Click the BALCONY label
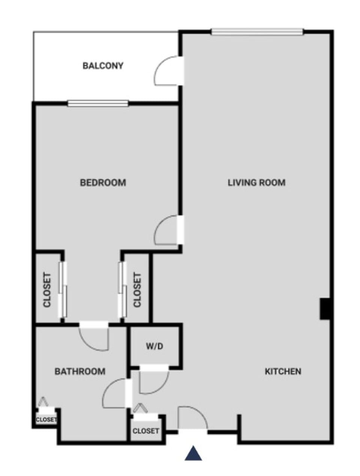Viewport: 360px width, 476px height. pyautogui.click(x=103, y=66)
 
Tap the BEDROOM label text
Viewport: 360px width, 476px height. pyautogui.click(x=103, y=183)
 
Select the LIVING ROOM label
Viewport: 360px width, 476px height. pyautogui.click(x=256, y=183)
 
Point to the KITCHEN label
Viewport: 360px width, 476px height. pyautogui.click(x=283, y=371)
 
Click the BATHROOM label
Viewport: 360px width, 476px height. pyautogui.click(x=80, y=371)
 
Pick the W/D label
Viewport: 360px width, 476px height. pyautogui.click(x=154, y=346)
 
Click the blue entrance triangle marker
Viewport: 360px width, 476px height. pyautogui.click(x=193, y=454)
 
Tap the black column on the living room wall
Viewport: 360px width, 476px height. pyautogui.click(x=324, y=308)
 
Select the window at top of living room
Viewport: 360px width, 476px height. pyautogui.click(x=257, y=32)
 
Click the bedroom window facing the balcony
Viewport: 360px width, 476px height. pyautogui.click(x=98, y=103)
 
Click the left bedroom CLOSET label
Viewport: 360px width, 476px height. pyautogui.click(x=47, y=290)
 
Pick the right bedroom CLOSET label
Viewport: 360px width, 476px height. pyautogui.click(x=137, y=290)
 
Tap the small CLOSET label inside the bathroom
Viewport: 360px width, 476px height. pyautogui.click(x=46, y=420)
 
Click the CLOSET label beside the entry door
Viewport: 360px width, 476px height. pyautogui.click(x=146, y=431)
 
